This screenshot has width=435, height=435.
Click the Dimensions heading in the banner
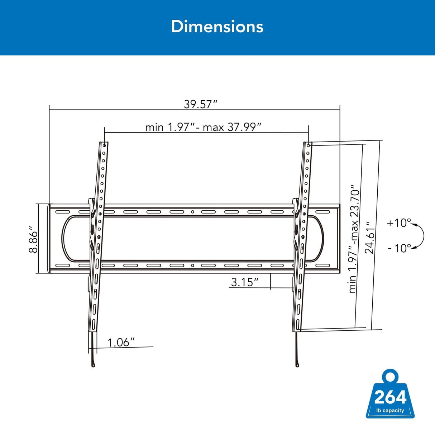(x=217, y=27)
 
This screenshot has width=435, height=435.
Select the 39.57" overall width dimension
(x=201, y=104)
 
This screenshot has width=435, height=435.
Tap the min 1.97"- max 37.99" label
(x=203, y=127)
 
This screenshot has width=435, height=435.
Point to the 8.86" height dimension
(x=33, y=239)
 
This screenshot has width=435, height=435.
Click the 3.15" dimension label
(x=244, y=282)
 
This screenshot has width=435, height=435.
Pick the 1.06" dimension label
(x=121, y=342)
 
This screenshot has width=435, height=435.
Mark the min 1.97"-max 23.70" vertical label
(x=354, y=239)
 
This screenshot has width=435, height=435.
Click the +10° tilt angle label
(x=398, y=223)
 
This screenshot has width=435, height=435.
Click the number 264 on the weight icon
(x=390, y=397)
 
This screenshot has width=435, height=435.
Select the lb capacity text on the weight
(x=390, y=411)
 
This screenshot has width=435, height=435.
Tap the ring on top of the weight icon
(x=390, y=377)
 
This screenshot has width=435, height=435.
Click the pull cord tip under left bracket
(x=93, y=365)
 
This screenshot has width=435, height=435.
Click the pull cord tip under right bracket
(x=297, y=365)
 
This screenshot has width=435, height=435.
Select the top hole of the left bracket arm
(x=104, y=146)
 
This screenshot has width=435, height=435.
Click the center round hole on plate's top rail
(x=192, y=212)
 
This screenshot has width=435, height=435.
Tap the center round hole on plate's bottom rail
(x=192, y=266)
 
